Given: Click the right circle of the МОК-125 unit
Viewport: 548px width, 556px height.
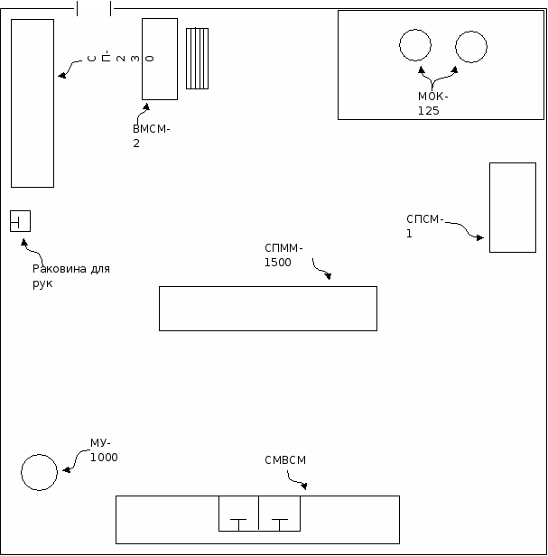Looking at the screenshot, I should (x=470, y=46).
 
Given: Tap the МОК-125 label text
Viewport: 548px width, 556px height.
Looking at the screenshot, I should (x=432, y=103).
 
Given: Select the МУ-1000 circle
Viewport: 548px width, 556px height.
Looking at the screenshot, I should (x=39, y=471).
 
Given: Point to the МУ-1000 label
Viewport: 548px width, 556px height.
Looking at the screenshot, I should (x=103, y=449).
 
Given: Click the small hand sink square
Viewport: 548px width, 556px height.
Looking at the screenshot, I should (x=20, y=220).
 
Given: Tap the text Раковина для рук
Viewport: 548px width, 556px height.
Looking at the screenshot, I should (x=70, y=275).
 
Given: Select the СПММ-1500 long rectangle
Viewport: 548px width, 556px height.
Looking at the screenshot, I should (x=267, y=308).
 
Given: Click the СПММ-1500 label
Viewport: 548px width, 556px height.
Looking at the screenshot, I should (x=283, y=255).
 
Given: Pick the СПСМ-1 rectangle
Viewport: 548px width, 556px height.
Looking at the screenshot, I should (x=512, y=207).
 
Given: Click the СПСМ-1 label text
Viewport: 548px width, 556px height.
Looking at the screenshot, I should (x=424, y=225).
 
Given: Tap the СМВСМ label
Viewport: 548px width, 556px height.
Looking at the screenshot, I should (x=285, y=460).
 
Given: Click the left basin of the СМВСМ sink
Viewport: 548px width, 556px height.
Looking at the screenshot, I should (x=238, y=514).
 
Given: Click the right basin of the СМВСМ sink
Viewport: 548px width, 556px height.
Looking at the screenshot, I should (x=280, y=514).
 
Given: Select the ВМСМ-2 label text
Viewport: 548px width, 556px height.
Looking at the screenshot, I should (x=150, y=135).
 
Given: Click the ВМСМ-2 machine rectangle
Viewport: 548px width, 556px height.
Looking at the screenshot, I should (x=160, y=59).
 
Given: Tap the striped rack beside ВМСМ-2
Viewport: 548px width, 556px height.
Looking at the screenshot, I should (x=197, y=59).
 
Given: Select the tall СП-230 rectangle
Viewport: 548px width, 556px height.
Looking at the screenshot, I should (x=33, y=103).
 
